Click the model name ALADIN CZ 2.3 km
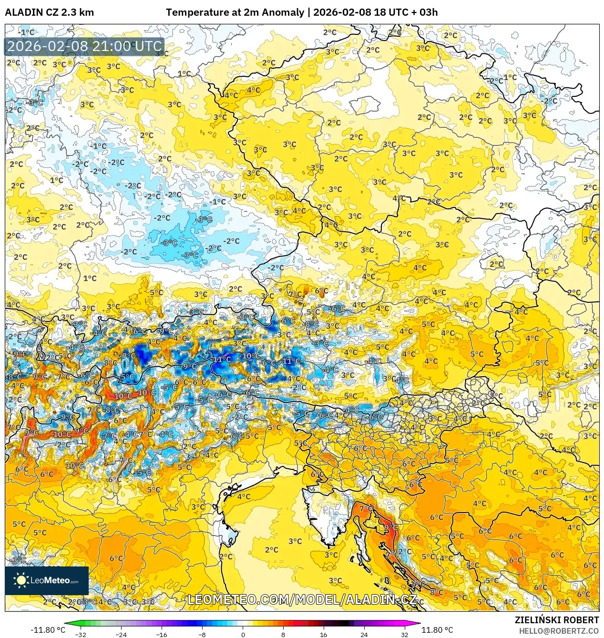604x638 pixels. (49, 12)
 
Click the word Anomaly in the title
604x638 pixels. (284, 12)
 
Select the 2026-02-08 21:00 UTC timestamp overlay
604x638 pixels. (84, 46)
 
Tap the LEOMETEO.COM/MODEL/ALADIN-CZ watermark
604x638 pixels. (302, 599)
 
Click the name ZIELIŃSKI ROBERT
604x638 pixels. (556, 620)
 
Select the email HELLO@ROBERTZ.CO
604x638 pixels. (559, 631)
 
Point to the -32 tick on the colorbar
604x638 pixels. (81, 634)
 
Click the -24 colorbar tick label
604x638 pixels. (121, 634)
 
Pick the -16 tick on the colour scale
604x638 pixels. (162, 634)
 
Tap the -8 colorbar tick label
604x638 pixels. (202, 634)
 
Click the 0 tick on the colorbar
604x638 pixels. (243, 634)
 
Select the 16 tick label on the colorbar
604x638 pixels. (324, 634)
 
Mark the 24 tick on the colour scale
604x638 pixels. (364, 634)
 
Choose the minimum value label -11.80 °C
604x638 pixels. (48, 630)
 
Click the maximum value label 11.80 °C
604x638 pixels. (437, 630)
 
